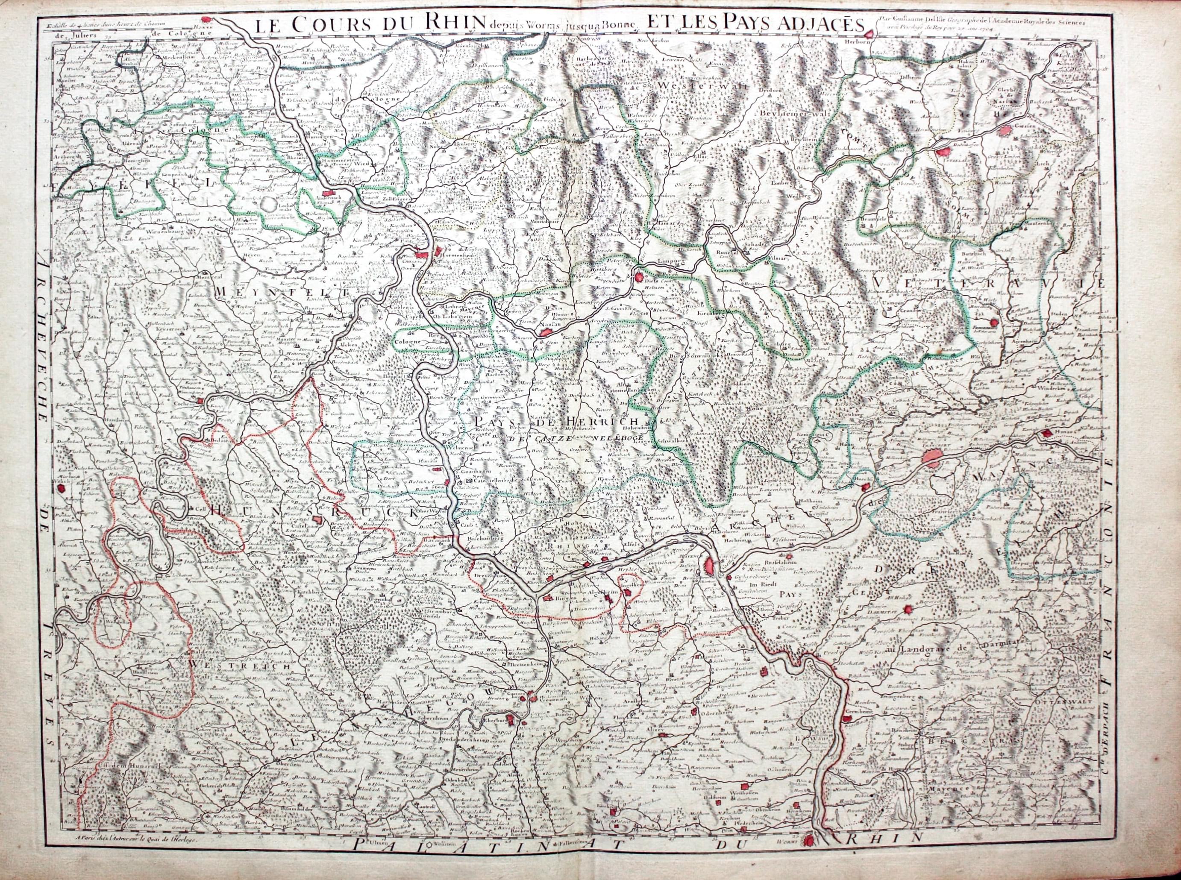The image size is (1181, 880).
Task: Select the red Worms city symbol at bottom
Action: click(809, 855)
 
